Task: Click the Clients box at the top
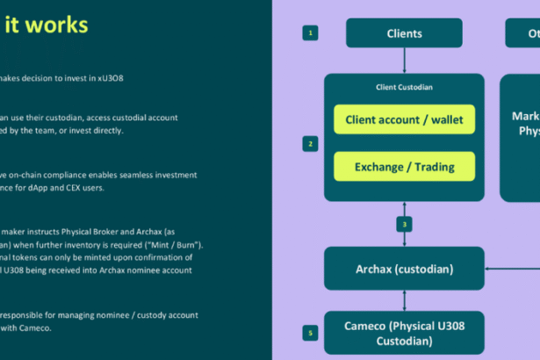pos(404,33)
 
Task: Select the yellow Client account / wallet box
pos(404,119)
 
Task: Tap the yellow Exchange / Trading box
pos(404,166)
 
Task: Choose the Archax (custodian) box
pos(404,269)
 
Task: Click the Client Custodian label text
pos(404,87)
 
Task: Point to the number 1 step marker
pos(310,33)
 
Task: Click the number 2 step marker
pos(310,143)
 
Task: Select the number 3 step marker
pos(405,225)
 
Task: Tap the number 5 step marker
pos(310,334)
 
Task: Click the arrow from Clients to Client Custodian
pos(404,61)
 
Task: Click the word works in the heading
pos(62,25)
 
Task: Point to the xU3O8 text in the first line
pos(107,78)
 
